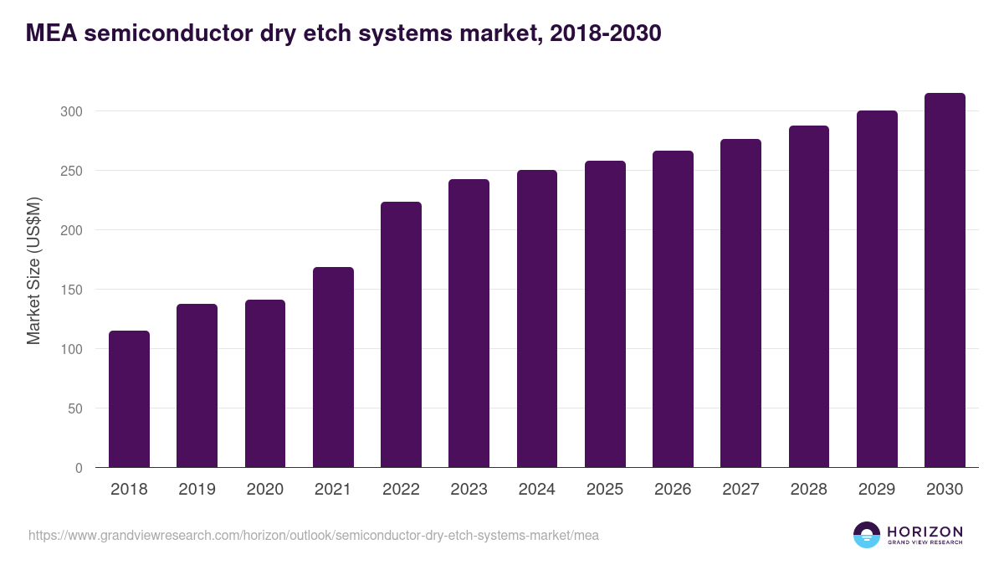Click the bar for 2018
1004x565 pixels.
tap(129, 399)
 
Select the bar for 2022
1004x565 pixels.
tap(401, 335)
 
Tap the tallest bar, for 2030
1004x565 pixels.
tap(945, 280)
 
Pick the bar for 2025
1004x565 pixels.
tap(605, 314)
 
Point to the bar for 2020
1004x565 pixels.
tap(265, 383)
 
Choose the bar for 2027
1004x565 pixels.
tap(740, 303)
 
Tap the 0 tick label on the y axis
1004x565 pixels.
tap(79, 468)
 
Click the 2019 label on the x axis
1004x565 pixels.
tap(197, 490)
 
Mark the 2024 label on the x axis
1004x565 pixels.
tap(536, 490)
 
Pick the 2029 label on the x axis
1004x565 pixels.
tap(877, 490)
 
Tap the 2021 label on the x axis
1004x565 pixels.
tap(333, 490)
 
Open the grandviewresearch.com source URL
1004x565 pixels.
tap(314, 535)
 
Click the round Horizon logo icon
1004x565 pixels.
tap(867, 535)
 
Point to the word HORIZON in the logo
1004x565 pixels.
tap(925, 531)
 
